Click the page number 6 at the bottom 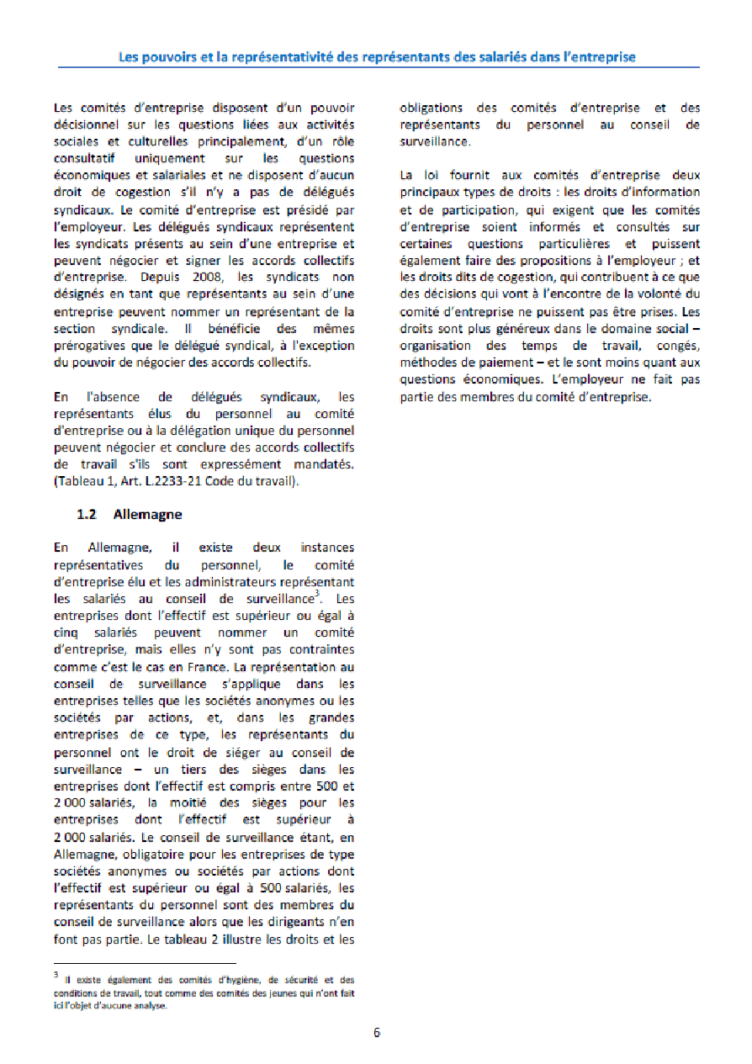tap(377, 1032)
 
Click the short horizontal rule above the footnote tap(145, 963)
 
